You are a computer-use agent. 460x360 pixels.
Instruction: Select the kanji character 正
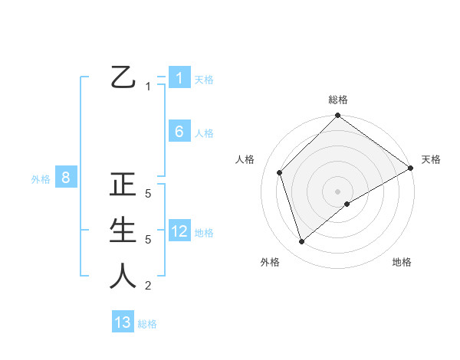[123, 185]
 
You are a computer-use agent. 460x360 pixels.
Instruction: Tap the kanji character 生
[123, 230]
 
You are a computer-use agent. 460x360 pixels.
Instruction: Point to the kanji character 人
[123, 276]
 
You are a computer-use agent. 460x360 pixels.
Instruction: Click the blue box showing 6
[179, 132]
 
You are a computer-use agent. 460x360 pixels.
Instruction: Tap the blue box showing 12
[179, 231]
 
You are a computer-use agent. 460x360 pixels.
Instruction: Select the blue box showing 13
[123, 322]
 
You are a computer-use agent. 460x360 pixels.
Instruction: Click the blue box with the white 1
[179, 78]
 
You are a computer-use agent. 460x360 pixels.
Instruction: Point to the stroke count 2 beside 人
[149, 286]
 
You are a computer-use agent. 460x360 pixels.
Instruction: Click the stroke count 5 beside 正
[149, 194]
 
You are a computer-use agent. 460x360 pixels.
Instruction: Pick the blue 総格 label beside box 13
[147, 324]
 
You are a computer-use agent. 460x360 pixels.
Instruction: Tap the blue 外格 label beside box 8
[41, 179]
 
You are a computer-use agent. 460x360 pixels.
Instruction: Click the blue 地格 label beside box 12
[204, 232]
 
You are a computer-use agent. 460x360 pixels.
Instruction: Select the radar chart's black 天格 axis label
[431, 159]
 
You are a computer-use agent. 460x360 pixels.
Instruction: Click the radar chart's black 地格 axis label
[402, 262]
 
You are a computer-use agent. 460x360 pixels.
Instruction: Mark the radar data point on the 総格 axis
[337, 116]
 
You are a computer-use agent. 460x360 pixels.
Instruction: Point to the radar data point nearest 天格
[410, 168]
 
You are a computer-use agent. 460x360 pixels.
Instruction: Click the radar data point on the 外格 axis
[302, 241]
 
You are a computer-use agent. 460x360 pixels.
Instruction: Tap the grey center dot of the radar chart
[337, 191]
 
